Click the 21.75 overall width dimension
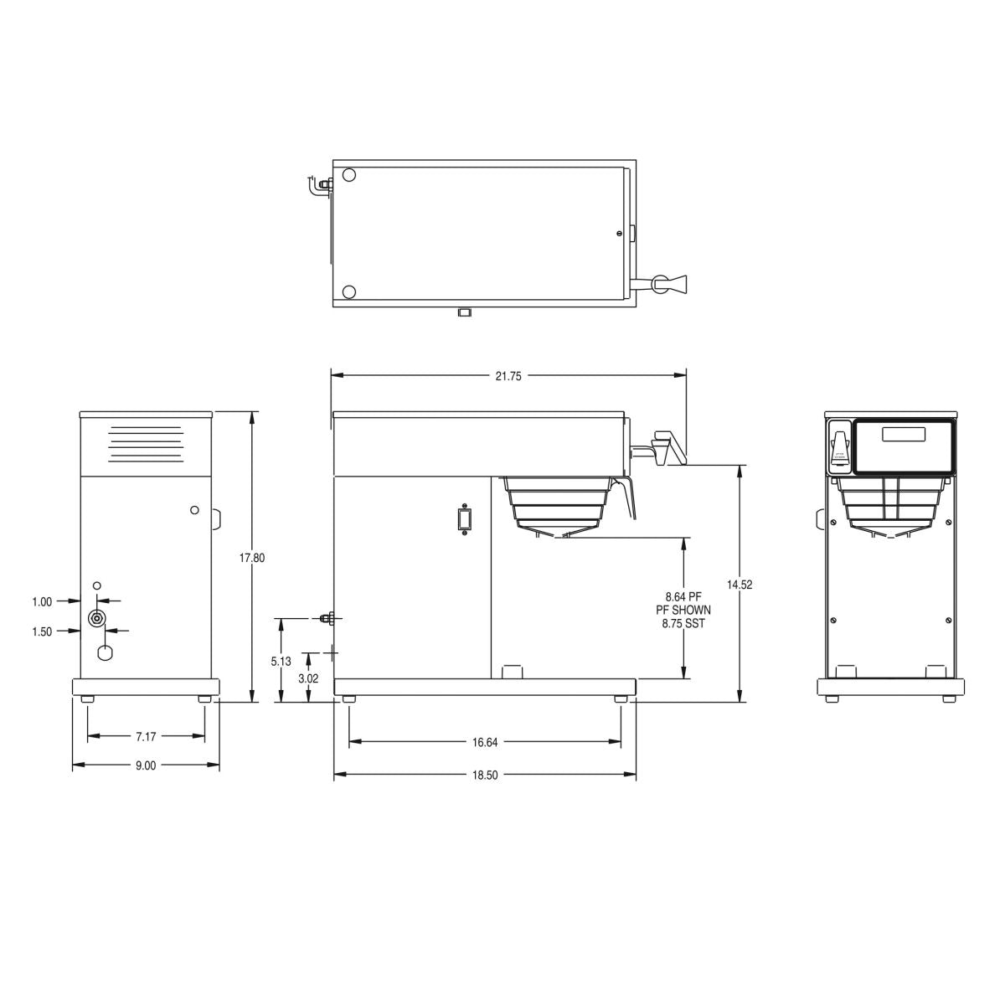click(x=508, y=377)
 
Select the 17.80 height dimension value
click(x=253, y=557)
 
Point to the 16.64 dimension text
click(x=485, y=742)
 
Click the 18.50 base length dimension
click(x=485, y=776)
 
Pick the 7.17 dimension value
click(x=146, y=737)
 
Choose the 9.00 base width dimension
click(x=146, y=765)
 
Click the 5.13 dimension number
click(x=281, y=661)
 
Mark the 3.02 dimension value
click(x=308, y=678)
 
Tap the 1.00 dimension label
click(x=42, y=601)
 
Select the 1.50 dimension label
click(x=42, y=631)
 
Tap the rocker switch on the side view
click(x=461, y=519)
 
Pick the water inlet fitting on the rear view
click(x=98, y=619)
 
